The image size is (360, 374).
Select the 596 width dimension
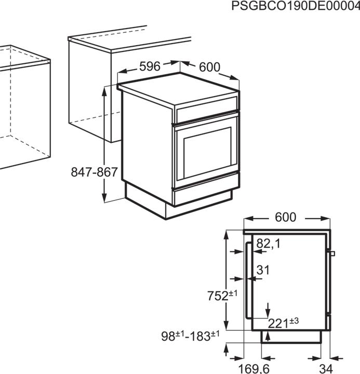149,66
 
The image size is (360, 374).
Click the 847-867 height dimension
95,172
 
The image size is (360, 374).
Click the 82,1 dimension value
268,243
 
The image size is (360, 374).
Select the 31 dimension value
263,270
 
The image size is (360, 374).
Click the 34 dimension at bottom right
326,369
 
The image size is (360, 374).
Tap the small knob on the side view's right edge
332,253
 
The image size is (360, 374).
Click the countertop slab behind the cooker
130,41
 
